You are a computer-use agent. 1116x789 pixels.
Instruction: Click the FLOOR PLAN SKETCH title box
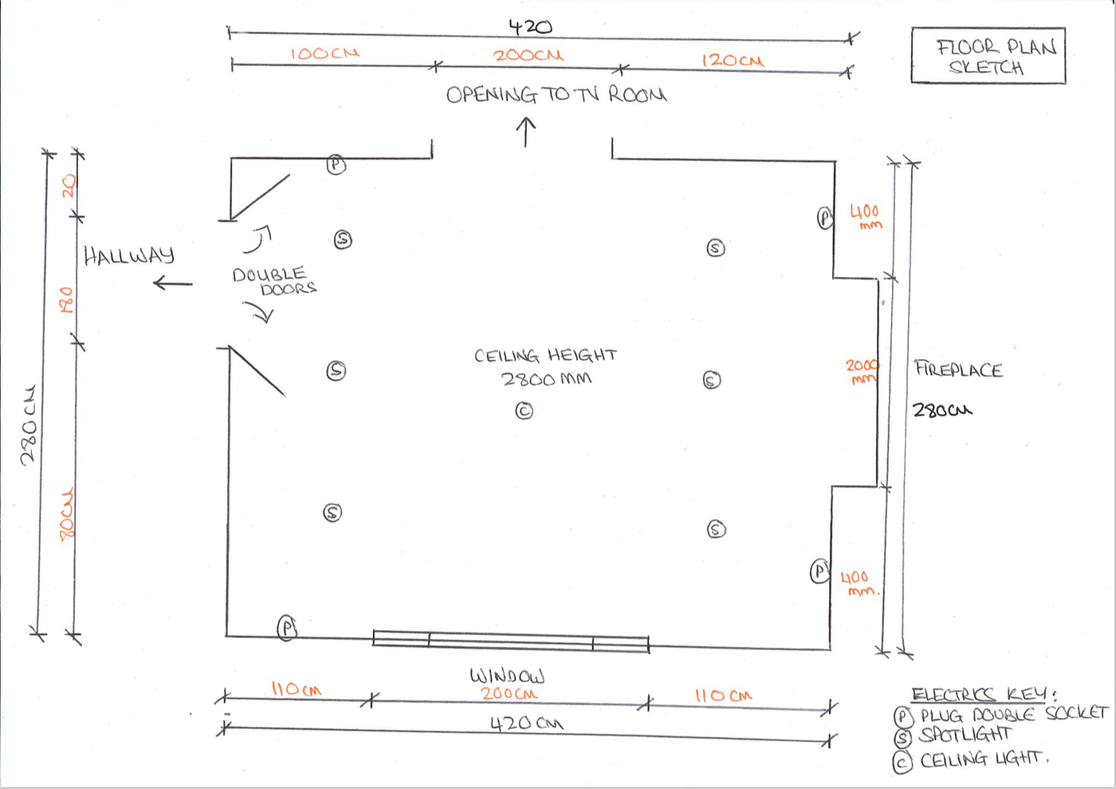(988, 56)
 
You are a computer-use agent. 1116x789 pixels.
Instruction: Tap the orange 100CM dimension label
(324, 53)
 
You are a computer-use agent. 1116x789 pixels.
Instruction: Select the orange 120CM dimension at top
(732, 60)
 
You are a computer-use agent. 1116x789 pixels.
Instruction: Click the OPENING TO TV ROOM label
(556, 95)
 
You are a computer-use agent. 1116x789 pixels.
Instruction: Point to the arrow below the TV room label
(525, 132)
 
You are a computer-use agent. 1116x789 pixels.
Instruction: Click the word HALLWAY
(129, 255)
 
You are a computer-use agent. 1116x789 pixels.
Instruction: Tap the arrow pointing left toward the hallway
(172, 283)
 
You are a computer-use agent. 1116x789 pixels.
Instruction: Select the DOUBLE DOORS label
(273, 281)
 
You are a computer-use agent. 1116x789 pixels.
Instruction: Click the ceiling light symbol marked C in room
(524, 411)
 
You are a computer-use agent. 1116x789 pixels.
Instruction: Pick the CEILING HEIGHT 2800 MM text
(546, 367)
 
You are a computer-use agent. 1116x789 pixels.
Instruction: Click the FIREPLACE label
(957, 369)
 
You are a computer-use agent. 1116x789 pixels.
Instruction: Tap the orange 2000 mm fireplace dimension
(862, 370)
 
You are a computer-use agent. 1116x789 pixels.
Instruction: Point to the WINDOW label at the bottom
(507, 676)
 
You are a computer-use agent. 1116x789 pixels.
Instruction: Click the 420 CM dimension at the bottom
(526, 724)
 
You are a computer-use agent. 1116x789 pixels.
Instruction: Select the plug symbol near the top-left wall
(336, 165)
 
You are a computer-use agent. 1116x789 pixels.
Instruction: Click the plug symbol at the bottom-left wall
(287, 628)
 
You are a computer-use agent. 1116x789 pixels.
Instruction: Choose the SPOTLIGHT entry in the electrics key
(965, 735)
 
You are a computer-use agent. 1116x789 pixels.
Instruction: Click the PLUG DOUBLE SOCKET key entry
(1013, 715)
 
